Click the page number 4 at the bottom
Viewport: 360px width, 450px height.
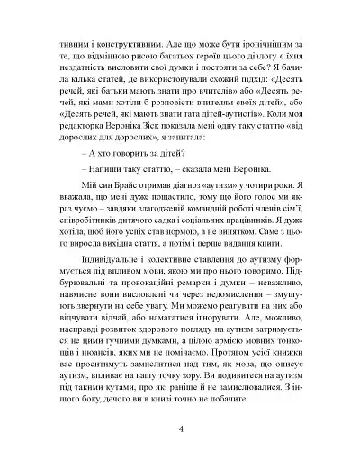coord(181,426)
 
